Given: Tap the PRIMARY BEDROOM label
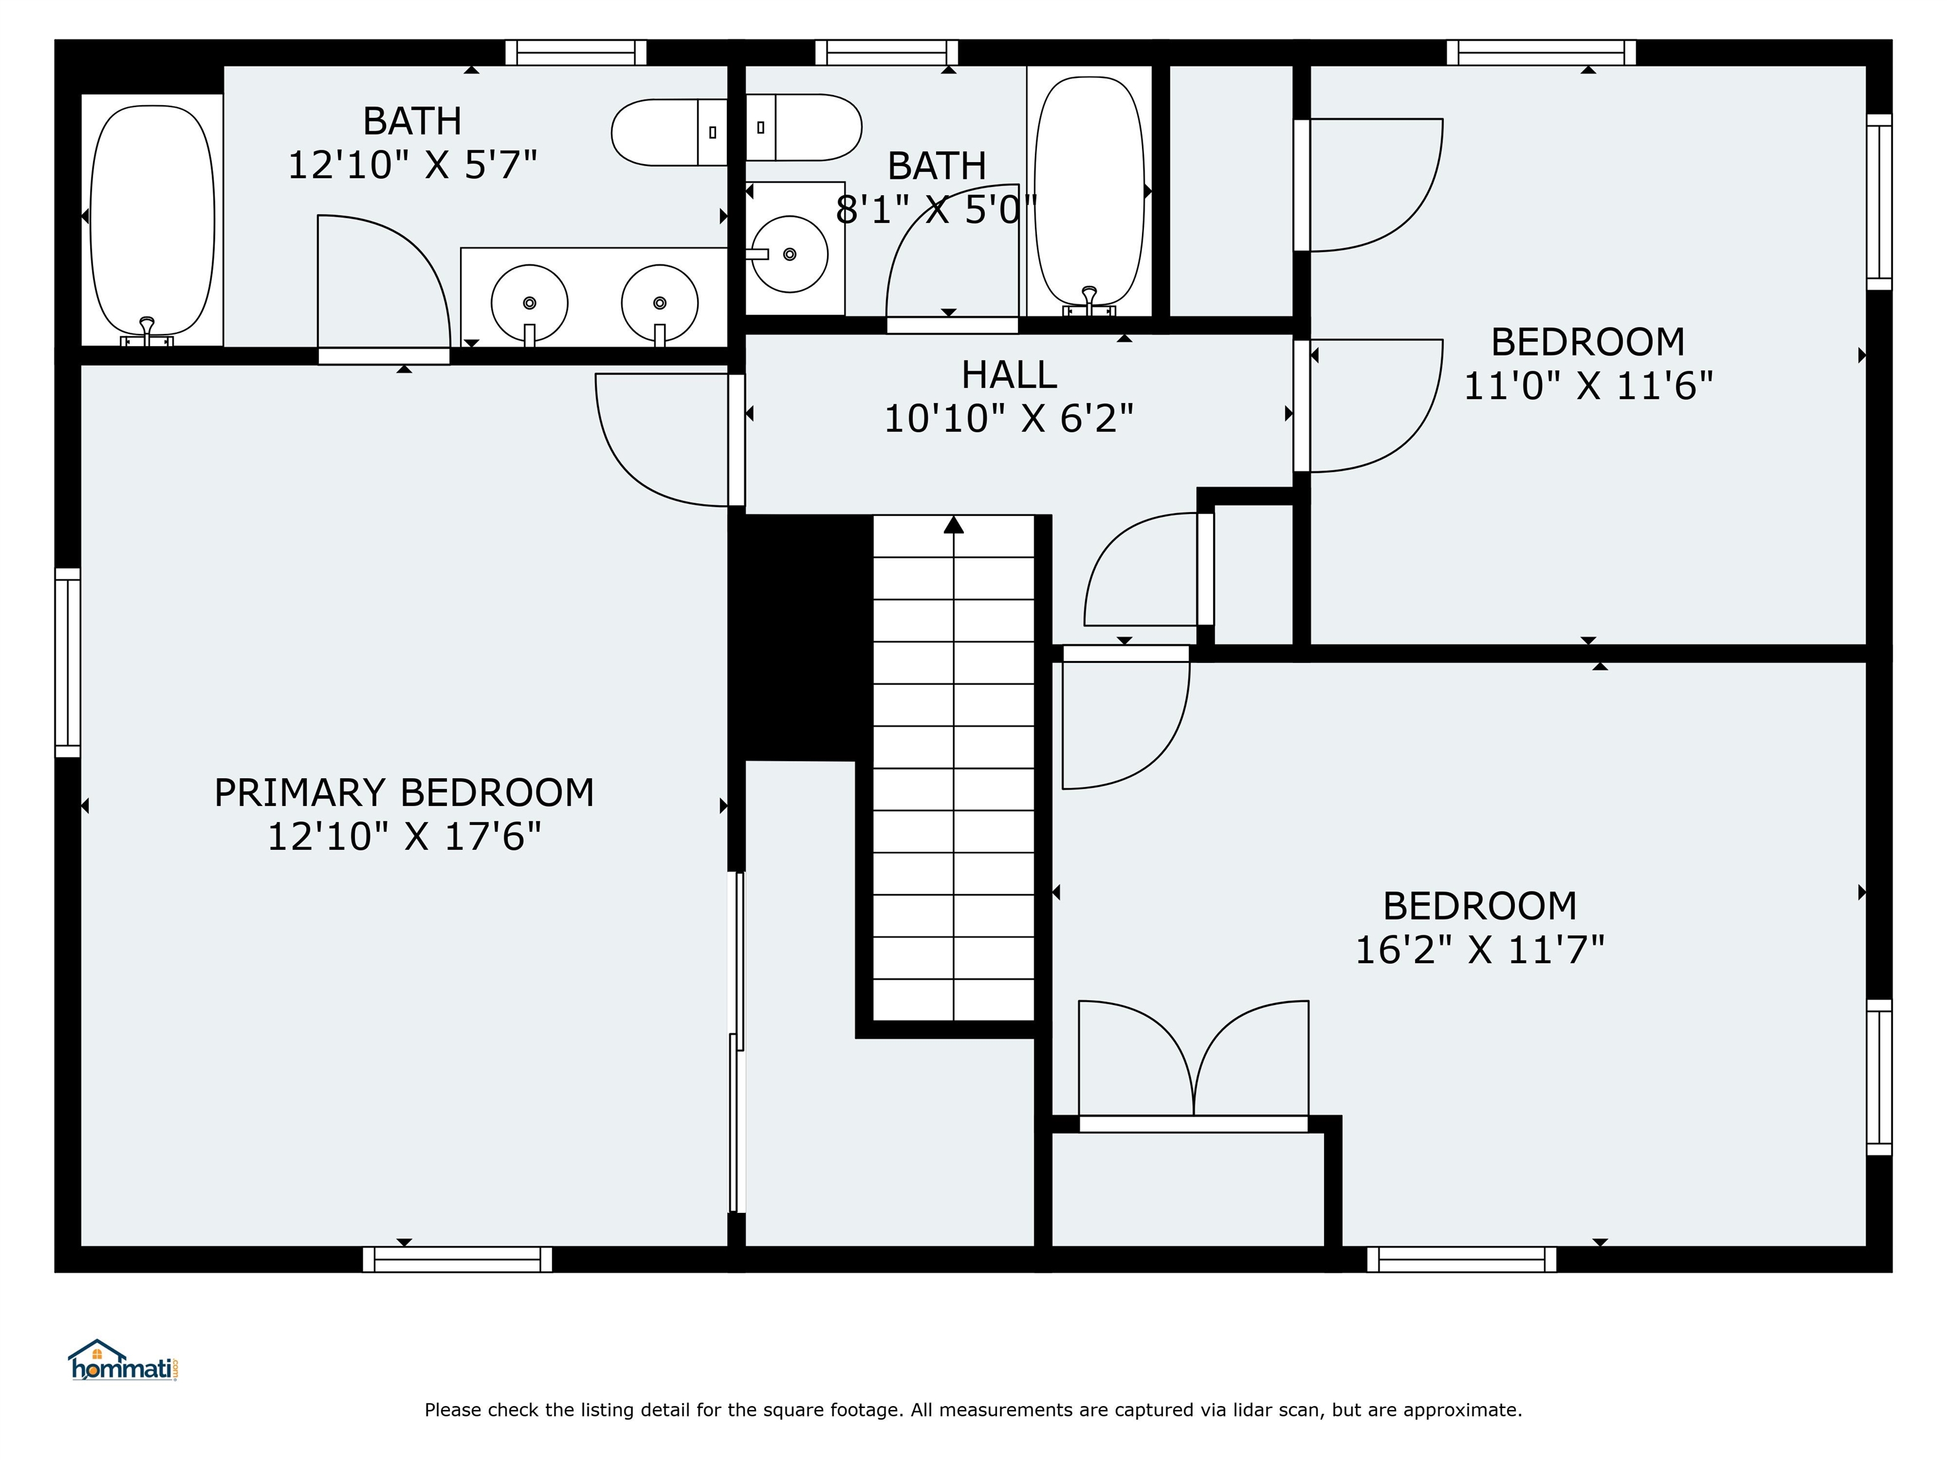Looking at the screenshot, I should (404, 793).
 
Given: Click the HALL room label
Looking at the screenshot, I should (1009, 375).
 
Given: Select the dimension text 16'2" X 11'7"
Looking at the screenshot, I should (1480, 950).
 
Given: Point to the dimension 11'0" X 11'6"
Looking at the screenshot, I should (1588, 385).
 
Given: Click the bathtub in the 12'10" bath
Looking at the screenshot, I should (152, 220).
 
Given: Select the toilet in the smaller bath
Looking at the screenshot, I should (803, 127).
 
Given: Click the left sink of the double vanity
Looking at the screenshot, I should (529, 303).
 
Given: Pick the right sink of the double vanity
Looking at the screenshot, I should (659, 303).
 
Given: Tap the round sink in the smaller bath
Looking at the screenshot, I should (790, 254).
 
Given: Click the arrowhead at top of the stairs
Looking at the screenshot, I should (953, 525).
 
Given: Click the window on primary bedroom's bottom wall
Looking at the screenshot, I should (458, 1259).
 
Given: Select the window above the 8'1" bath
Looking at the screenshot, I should (887, 53).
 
